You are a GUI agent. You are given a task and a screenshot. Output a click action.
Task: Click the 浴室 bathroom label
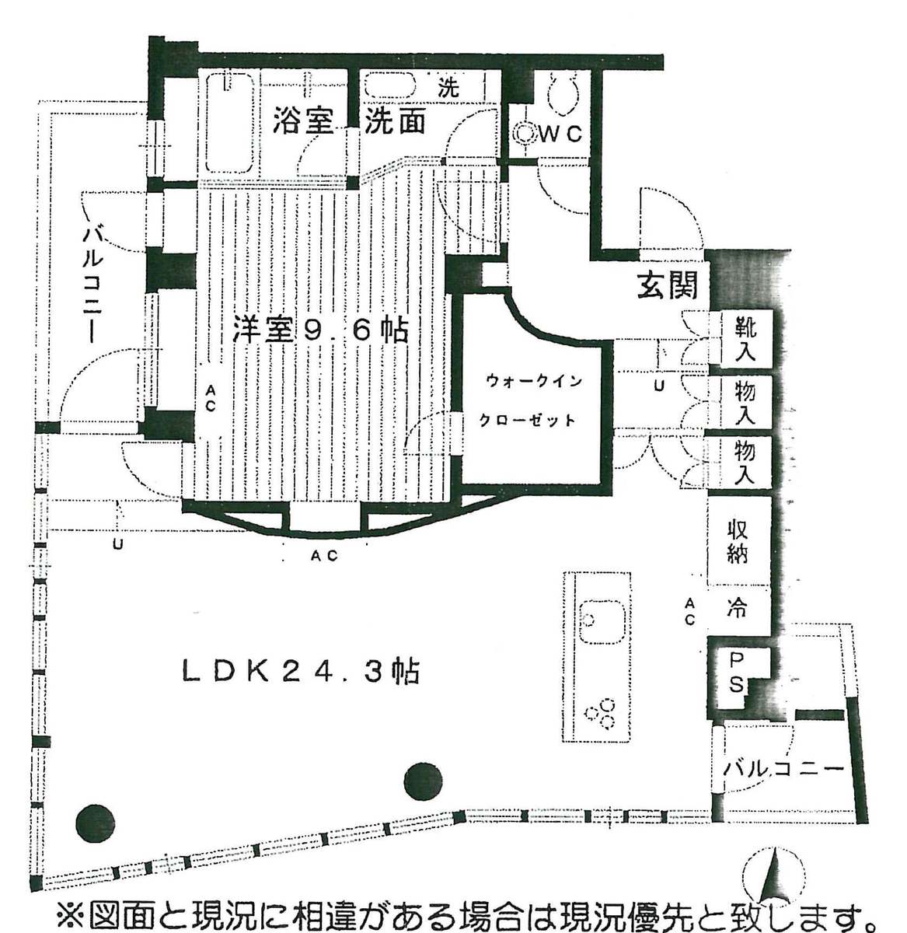[x=303, y=121]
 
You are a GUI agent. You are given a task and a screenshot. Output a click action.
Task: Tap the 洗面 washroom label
[x=395, y=121]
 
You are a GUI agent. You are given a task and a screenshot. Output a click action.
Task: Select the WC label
[x=560, y=135]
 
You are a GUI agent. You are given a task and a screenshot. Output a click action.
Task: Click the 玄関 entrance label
[x=668, y=286]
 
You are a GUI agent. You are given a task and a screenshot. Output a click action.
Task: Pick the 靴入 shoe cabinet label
[x=745, y=339]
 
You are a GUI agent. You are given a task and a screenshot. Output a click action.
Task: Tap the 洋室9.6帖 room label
[x=321, y=330]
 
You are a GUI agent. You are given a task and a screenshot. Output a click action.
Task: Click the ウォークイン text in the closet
[x=534, y=381]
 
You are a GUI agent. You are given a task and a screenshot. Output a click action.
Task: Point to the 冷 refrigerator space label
[x=736, y=609]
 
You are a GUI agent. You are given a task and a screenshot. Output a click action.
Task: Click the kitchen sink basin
[x=602, y=623]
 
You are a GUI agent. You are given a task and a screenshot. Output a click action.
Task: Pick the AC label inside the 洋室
[x=210, y=399]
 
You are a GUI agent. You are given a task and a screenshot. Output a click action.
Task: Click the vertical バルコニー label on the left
[x=92, y=285]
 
